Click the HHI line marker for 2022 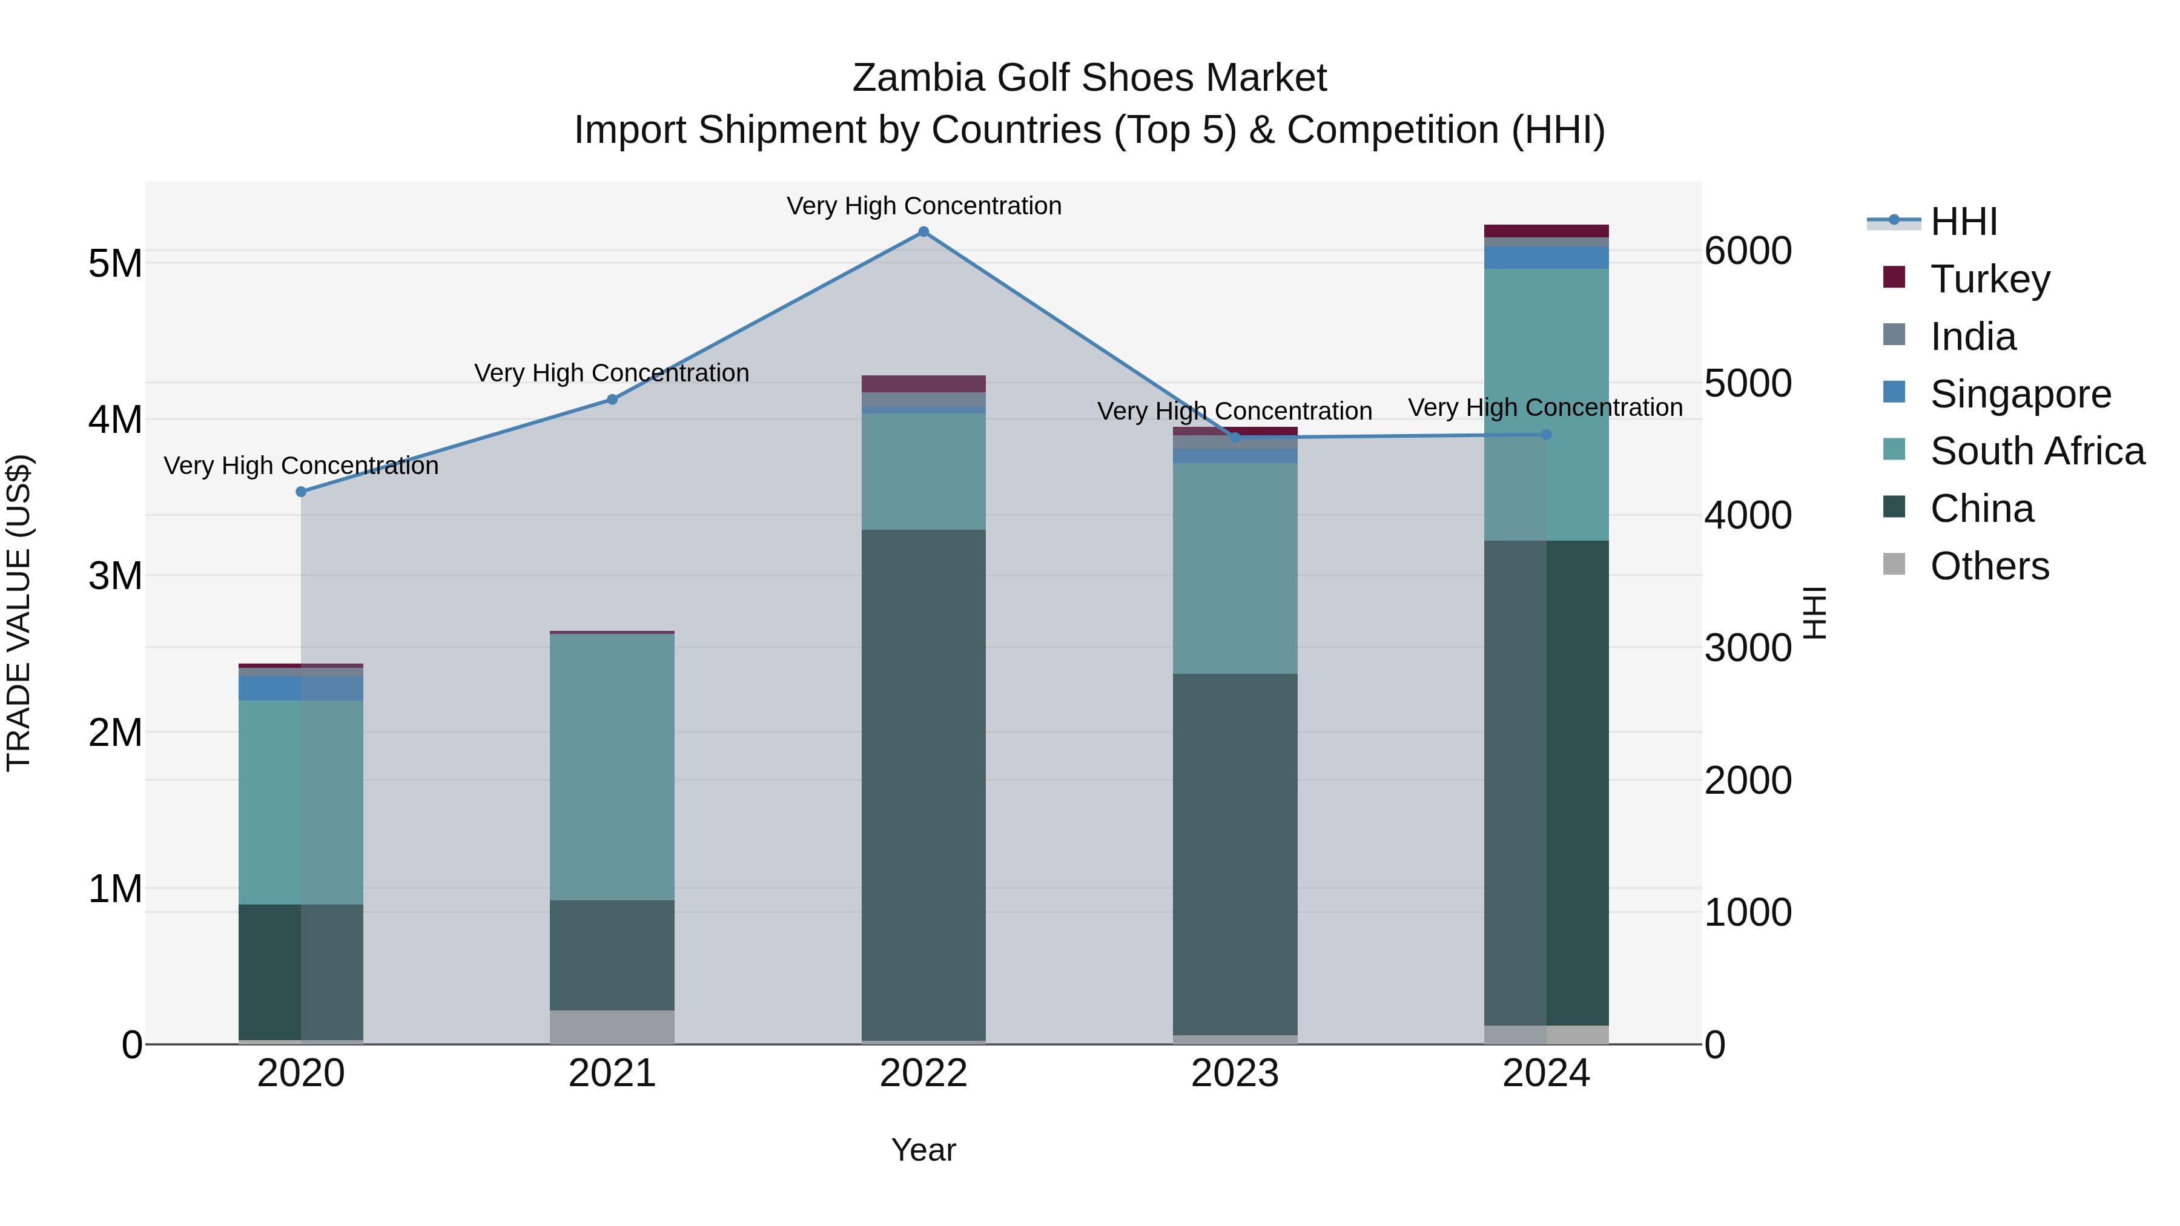point(923,232)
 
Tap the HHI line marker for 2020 point(302,492)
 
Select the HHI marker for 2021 point(613,400)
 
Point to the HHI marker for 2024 point(1546,435)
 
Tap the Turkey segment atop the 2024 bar point(1546,231)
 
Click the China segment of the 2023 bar point(1235,854)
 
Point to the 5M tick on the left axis point(115,263)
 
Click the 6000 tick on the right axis point(1748,251)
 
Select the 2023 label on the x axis point(1235,1073)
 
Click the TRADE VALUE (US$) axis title point(19,613)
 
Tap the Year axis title point(923,1150)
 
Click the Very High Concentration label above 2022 point(923,206)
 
